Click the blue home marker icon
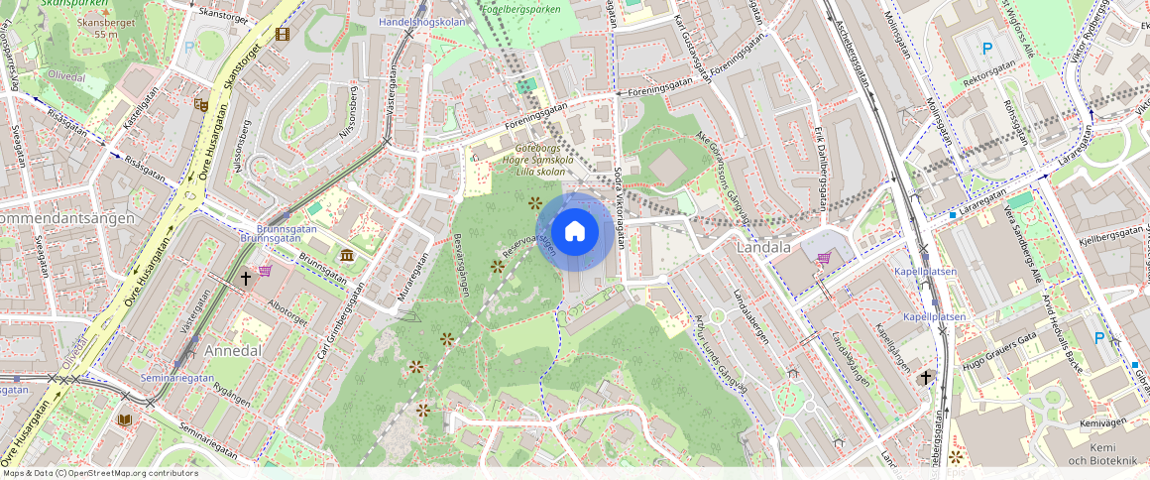point(574,232)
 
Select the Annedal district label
point(232,350)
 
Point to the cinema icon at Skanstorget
point(283,35)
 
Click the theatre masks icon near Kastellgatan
point(201,103)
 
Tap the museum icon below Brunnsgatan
point(346,256)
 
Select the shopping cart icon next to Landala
point(824,258)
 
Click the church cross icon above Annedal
point(246,279)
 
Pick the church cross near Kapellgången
point(926,377)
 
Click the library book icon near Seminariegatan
point(124,420)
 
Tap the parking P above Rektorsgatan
point(986,49)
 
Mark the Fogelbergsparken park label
point(520,9)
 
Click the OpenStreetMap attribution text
point(100,473)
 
